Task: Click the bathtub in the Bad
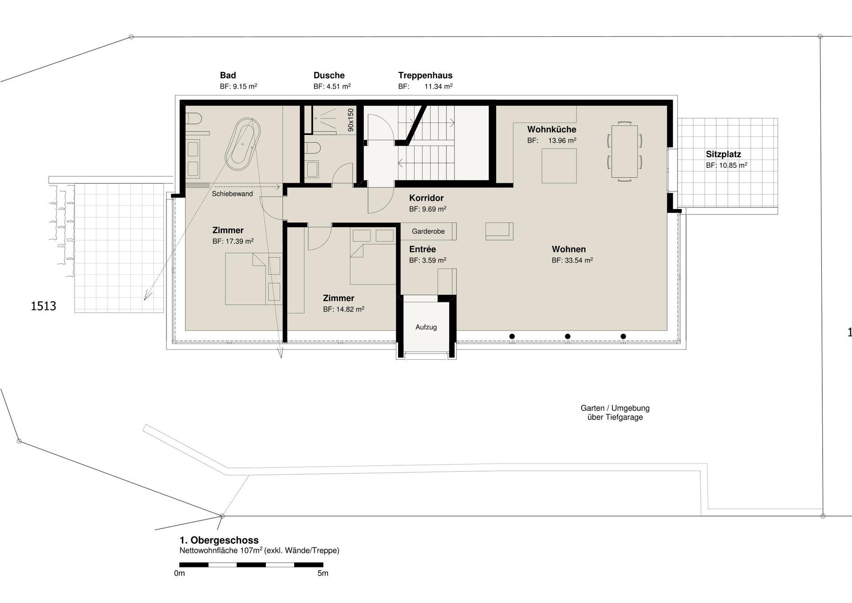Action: [x=243, y=143]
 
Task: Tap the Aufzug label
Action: [x=426, y=327]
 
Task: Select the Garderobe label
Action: [x=428, y=231]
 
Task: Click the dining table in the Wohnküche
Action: [x=624, y=151]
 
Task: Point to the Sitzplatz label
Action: [x=723, y=155]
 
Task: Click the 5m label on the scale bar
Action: [x=323, y=573]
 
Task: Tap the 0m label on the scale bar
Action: [x=179, y=573]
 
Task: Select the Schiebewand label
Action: [x=232, y=194]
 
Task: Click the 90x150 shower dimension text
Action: [x=351, y=120]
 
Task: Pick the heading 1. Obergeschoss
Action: [x=219, y=540]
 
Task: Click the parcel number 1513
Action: [x=43, y=306]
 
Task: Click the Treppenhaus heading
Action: [x=425, y=75]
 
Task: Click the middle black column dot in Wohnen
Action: [x=568, y=337]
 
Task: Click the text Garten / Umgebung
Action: [x=615, y=408]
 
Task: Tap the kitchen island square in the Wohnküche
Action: [x=559, y=166]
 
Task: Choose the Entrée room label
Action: [x=422, y=249]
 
